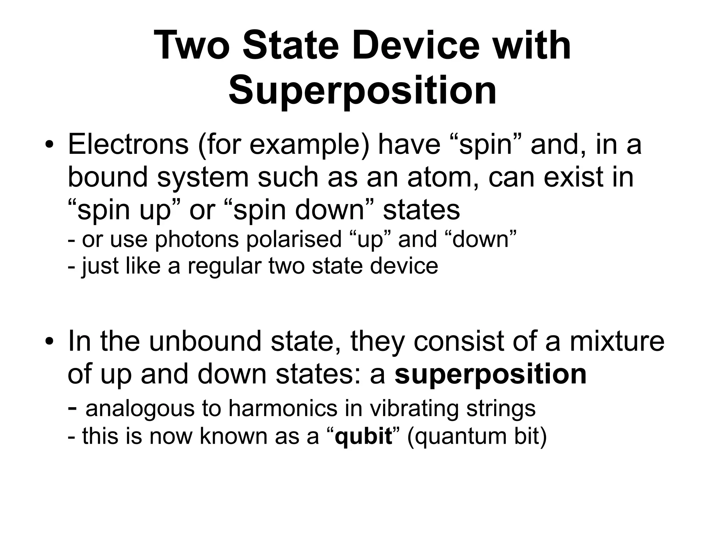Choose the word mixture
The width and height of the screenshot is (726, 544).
617,341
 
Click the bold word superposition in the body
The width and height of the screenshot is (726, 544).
491,374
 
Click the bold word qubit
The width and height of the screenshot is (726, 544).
363,436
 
